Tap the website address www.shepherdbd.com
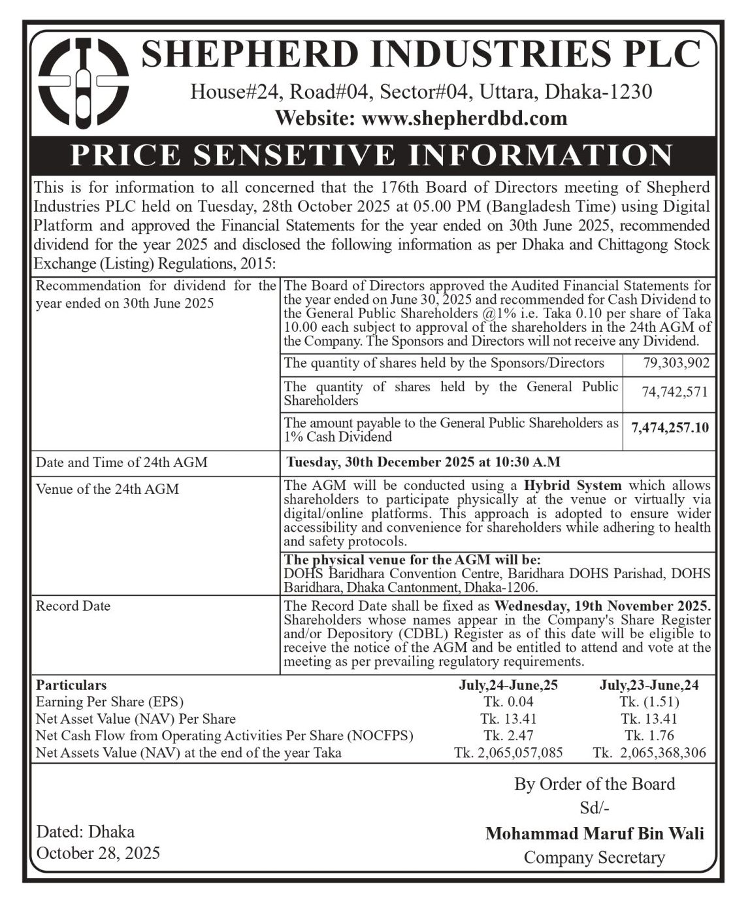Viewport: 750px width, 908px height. pos(464,119)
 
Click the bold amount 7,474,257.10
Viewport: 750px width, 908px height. pos(670,429)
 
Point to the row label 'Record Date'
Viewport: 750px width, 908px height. pos(73,606)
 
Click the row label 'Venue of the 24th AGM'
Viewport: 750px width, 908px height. pos(107,489)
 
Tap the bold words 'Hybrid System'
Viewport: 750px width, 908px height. pos(572,485)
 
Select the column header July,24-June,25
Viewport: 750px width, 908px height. pos(508,685)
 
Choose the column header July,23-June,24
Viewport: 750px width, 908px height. pos(649,685)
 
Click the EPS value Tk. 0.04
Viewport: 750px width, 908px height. pos(508,702)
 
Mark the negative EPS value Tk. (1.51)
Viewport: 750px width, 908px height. pos(649,702)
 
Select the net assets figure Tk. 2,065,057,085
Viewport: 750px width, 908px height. pos(508,753)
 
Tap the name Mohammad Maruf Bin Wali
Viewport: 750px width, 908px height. pos(595,834)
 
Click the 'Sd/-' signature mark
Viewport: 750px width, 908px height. pos(595,808)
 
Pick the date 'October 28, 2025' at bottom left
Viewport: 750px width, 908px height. pos(98,853)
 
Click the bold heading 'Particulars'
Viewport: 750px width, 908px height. pos(71,685)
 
